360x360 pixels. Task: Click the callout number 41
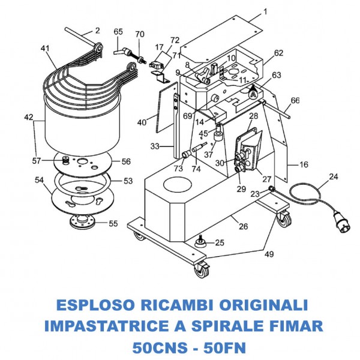click(44, 47)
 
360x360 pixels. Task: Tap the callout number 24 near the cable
click(333, 177)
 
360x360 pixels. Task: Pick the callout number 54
click(40, 180)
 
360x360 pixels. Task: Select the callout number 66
click(295, 100)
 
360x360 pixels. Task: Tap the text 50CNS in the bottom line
click(155, 347)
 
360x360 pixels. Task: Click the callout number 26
click(242, 226)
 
